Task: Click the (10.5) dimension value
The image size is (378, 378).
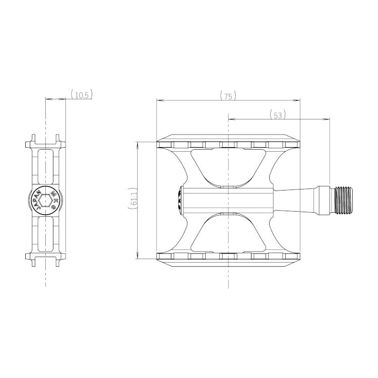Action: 82,95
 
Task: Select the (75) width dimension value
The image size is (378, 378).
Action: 228,96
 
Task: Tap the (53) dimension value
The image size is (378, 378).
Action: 278,115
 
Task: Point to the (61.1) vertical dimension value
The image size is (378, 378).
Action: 134,198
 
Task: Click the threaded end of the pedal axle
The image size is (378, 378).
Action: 344,200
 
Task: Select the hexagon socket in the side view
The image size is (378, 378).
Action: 45,200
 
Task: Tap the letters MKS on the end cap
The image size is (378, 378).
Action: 54,200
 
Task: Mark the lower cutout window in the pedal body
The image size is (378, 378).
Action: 228,232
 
